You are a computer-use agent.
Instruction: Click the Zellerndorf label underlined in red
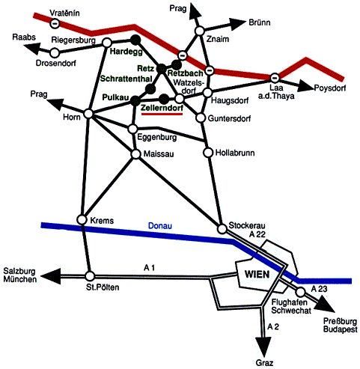tap(162, 108)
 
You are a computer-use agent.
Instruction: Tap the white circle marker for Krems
tap(82, 220)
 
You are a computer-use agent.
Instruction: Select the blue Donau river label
tap(160, 226)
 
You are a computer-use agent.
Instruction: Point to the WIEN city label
tap(257, 274)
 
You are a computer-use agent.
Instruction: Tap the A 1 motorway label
tap(150, 268)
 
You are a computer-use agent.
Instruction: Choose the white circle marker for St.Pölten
tap(90, 276)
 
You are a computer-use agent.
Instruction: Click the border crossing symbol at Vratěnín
tap(55, 23)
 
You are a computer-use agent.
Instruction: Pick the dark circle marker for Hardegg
tap(135, 40)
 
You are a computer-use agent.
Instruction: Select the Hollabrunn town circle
tap(208, 153)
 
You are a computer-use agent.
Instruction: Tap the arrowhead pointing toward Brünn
tap(237, 24)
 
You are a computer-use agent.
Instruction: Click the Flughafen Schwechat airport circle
tap(301, 291)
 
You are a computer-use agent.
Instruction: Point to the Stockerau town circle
tap(222, 228)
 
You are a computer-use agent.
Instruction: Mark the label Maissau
tap(159, 154)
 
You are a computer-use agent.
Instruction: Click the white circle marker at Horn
tap(88, 114)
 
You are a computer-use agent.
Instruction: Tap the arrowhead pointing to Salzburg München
tap(51, 276)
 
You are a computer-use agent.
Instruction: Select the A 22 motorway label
tap(257, 234)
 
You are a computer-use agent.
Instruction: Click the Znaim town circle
tap(199, 31)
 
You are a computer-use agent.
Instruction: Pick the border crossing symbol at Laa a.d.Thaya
tap(275, 77)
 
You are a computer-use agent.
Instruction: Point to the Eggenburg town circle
tap(132, 129)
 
